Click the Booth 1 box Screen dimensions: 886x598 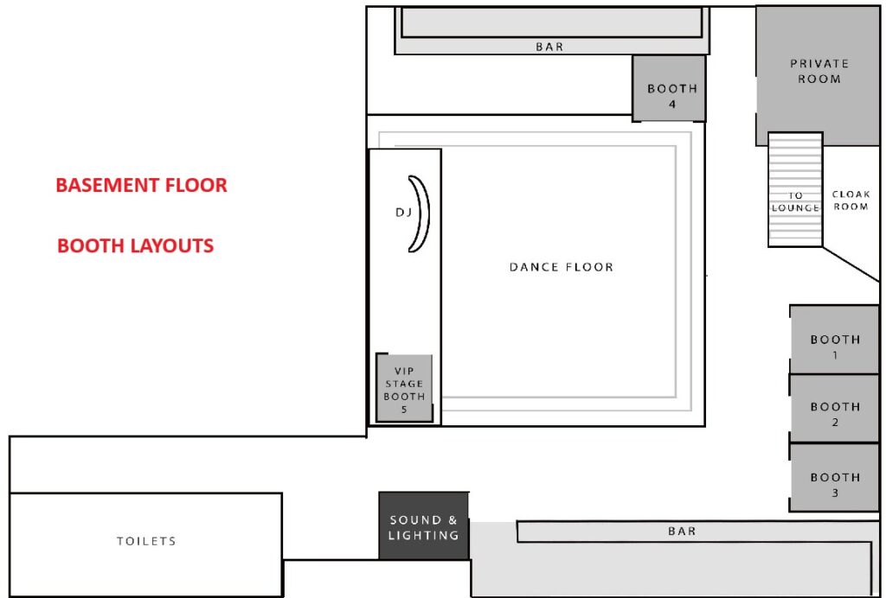(834, 340)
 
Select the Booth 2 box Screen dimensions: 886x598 (834, 409)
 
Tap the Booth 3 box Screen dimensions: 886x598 (834, 478)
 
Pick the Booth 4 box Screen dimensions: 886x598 (669, 88)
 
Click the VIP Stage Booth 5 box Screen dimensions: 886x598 (404, 387)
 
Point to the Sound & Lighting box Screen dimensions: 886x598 (424, 525)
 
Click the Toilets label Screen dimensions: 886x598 (146, 541)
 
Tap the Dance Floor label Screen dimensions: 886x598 (561, 267)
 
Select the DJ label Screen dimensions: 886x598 (403, 212)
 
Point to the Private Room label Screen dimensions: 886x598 (819, 71)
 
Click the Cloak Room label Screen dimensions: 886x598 (851, 200)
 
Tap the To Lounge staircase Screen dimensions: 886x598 (795, 189)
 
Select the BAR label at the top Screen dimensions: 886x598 (549, 47)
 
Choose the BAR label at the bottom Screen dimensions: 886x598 (682, 531)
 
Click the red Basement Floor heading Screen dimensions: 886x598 (141, 185)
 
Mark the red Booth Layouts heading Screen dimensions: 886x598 (136, 245)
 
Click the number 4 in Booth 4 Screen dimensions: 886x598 (671, 105)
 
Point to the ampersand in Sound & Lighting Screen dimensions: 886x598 (451, 519)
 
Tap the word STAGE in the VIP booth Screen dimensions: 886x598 (404, 384)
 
